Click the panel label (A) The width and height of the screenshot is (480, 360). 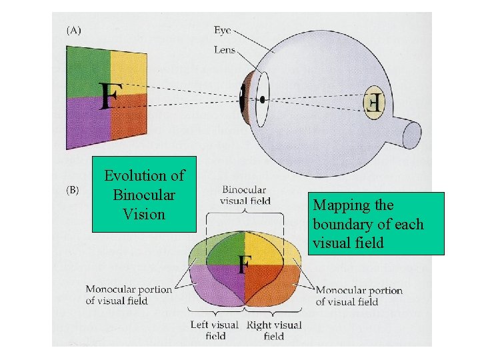(x=73, y=30)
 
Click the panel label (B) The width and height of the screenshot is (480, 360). (x=73, y=190)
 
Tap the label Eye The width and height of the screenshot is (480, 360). (x=223, y=30)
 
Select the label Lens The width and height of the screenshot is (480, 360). (x=225, y=49)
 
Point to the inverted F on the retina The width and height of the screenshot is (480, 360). (x=374, y=102)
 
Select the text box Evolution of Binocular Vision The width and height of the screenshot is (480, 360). (x=144, y=194)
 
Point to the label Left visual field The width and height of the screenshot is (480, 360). (x=215, y=330)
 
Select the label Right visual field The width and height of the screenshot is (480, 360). (x=274, y=330)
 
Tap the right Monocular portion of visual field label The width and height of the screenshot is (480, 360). (x=359, y=295)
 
